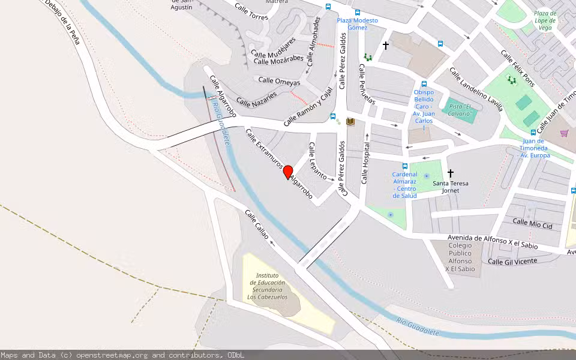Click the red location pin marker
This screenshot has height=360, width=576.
tap(288, 172)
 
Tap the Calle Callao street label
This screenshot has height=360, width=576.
tap(257, 225)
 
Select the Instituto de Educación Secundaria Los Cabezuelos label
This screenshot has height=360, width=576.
tap(267, 286)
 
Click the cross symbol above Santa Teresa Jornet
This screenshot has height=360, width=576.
tap(451, 173)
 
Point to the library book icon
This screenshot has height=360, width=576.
tap(350, 122)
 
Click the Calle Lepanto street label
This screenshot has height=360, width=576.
tap(317, 161)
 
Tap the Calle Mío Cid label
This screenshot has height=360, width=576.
tap(532, 224)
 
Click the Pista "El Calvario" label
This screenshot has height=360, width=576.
tap(460, 110)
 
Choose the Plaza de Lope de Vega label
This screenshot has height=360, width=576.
tap(545, 20)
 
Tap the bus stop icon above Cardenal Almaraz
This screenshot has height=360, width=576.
tap(405, 166)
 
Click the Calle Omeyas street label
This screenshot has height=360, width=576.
tap(279, 80)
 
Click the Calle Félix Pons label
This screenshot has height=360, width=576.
tap(517, 69)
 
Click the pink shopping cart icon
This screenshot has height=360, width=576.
tap(564, 133)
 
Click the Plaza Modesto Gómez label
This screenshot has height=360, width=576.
tap(358, 24)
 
